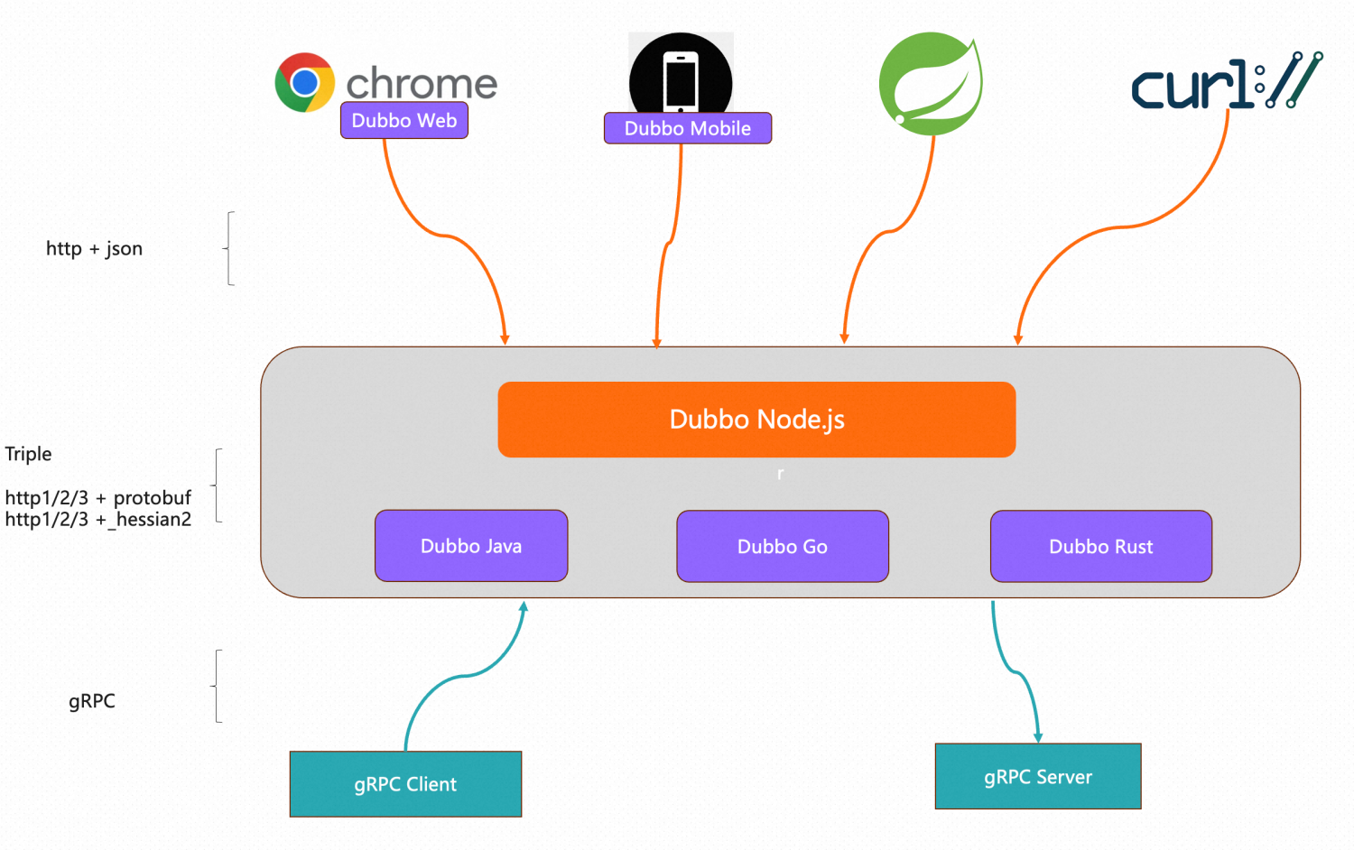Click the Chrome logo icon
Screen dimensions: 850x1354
[x=305, y=82]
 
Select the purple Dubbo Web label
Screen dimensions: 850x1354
[x=403, y=121]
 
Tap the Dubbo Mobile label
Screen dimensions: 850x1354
[x=687, y=128]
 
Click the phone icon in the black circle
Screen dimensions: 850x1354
[x=681, y=80]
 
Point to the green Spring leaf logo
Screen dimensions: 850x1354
[x=931, y=84]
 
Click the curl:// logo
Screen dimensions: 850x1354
[x=1226, y=83]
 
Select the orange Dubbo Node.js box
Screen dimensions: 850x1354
[x=756, y=420]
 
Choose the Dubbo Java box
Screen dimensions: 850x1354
[x=471, y=546]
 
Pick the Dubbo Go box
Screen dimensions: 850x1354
[x=783, y=547]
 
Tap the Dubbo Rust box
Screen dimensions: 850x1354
[x=1100, y=547]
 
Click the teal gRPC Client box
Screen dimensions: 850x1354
[x=405, y=784]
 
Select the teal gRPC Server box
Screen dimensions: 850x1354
[x=1038, y=777]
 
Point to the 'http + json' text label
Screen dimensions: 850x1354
[x=94, y=249]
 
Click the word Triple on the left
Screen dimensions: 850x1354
[x=28, y=454]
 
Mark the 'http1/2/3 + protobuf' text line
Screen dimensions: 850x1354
[x=98, y=497]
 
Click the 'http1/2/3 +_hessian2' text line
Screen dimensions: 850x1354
[x=98, y=520]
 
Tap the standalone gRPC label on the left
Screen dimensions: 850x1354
[x=92, y=701]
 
